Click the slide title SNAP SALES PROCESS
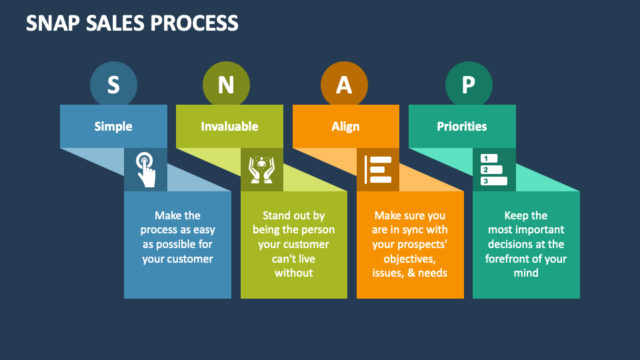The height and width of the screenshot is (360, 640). [x=132, y=23]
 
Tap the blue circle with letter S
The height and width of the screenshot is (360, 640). [x=113, y=85]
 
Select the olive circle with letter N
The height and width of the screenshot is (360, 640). [x=226, y=85]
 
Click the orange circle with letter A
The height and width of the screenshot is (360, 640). [x=344, y=85]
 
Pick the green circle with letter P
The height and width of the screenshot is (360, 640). [x=469, y=85]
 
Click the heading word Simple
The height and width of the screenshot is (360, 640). [x=113, y=126]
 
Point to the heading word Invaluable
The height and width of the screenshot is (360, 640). [x=229, y=126]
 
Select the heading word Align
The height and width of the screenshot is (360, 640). [x=345, y=126]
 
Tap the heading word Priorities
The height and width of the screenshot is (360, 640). [x=461, y=126]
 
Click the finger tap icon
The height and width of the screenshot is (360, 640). [x=145, y=169]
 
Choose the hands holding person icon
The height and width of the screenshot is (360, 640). [x=261, y=169]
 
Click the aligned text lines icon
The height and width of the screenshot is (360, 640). [x=378, y=169]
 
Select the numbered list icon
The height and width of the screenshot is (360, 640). [x=494, y=169]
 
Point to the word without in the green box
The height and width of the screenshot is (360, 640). [x=293, y=273]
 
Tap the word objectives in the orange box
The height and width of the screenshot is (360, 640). [x=409, y=259]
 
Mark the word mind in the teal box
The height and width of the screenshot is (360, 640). [x=525, y=273]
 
